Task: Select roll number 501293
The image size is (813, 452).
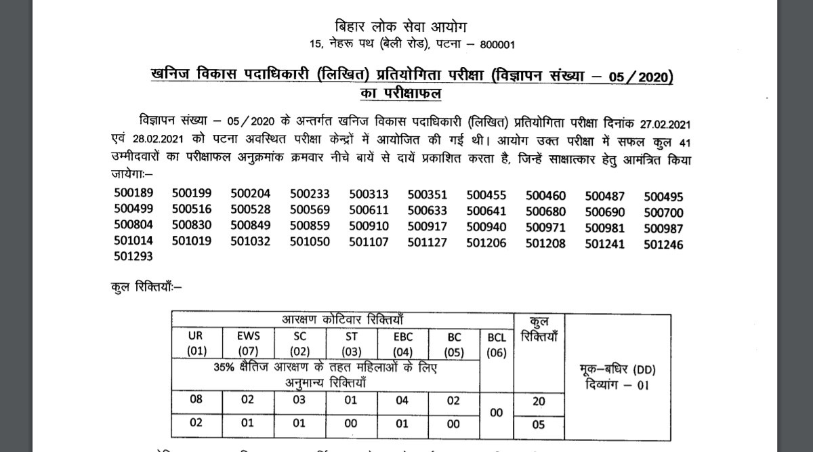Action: point(133,255)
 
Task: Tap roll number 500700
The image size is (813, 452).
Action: point(663,211)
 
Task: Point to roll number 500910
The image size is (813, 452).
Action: point(369,226)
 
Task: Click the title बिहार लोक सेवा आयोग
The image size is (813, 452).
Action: point(401,26)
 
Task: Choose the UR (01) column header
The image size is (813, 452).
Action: point(196,343)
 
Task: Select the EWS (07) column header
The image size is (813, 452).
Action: point(248,343)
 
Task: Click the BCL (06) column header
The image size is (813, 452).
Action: point(497,345)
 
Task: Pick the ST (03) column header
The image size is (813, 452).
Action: point(351,343)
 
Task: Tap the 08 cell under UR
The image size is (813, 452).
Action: point(196,400)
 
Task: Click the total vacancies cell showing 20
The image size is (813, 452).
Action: point(539,401)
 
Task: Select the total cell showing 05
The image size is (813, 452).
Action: point(539,425)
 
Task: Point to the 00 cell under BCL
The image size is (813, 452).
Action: point(497,412)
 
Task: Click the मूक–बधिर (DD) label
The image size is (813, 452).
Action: point(618,370)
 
